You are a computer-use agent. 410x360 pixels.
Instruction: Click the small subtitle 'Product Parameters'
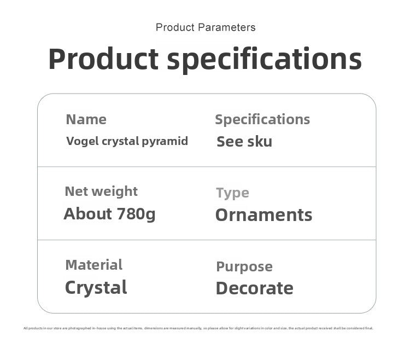(205, 27)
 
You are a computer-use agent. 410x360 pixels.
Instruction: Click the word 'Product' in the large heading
(103, 59)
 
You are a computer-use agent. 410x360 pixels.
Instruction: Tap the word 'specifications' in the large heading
(264, 59)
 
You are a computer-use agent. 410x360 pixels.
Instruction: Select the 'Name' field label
(86, 119)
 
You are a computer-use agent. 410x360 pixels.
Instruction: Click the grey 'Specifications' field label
(262, 119)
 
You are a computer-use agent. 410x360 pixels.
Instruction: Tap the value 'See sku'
(244, 142)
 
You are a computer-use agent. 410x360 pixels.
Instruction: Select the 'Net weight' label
(101, 191)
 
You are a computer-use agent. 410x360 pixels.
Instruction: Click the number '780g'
(136, 213)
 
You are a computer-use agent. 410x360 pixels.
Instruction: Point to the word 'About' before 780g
(88, 213)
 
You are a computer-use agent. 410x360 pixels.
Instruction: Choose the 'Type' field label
(232, 193)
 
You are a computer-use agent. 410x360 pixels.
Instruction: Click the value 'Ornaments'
(263, 215)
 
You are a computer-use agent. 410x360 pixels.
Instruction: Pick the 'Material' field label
(93, 265)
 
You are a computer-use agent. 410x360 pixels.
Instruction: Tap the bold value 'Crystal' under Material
(96, 287)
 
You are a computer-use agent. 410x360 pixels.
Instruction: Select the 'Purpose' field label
(244, 266)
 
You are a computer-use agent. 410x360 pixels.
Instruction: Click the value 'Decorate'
(254, 288)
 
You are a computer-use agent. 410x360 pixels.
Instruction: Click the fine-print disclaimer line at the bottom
(198, 328)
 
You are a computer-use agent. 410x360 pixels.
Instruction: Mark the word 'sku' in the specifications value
(260, 142)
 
